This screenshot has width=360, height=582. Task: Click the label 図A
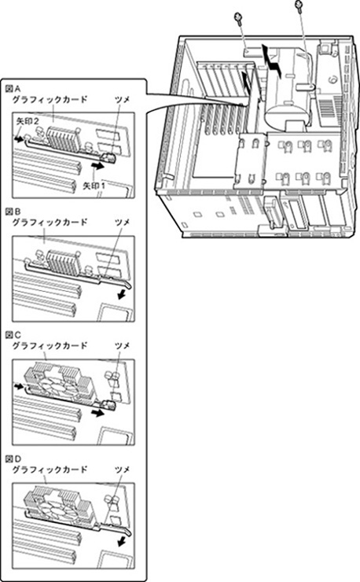[x=13, y=89]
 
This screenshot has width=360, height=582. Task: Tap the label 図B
[x=13, y=212]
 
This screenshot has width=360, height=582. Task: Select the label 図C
[x=13, y=335]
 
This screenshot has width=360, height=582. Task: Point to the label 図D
[x=13, y=459]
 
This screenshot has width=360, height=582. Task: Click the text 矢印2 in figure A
[x=28, y=121]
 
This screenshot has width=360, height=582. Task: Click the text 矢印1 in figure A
[x=94, y=186]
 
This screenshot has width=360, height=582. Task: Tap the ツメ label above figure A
[x=122, y=99]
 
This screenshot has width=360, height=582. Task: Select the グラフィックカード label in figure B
[x=50, y=223]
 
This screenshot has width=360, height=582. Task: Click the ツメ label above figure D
[x=122, y=470]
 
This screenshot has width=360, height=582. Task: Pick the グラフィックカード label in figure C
[x=50, y=345]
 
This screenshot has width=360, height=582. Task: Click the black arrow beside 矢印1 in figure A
[x=98, y=165]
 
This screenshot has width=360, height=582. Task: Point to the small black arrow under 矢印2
[x=18, y=139]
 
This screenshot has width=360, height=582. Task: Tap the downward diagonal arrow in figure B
[x=121, y=295]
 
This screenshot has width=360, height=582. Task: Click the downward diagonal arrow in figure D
[x=121, y=543]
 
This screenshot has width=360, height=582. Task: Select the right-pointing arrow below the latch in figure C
[x=98, y=413]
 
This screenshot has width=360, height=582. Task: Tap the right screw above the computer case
[x=299, y=6]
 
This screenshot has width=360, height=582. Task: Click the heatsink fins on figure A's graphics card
[x=63, y=139]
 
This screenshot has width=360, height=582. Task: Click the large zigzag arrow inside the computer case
[x=272, y=61]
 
